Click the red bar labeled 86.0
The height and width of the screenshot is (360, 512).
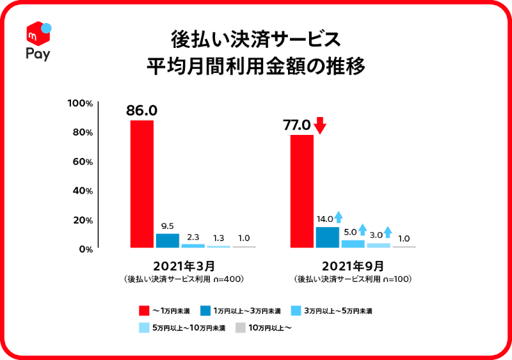[x=141, y=184]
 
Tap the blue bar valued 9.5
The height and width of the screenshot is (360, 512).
[x=167, y=240]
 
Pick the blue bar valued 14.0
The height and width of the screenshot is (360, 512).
[x=327, y=237]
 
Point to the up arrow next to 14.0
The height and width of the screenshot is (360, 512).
[x=339, y=218]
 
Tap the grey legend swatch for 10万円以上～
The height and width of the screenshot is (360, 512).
[x=240, y=328]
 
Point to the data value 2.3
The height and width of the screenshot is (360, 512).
[x=193, y=236]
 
